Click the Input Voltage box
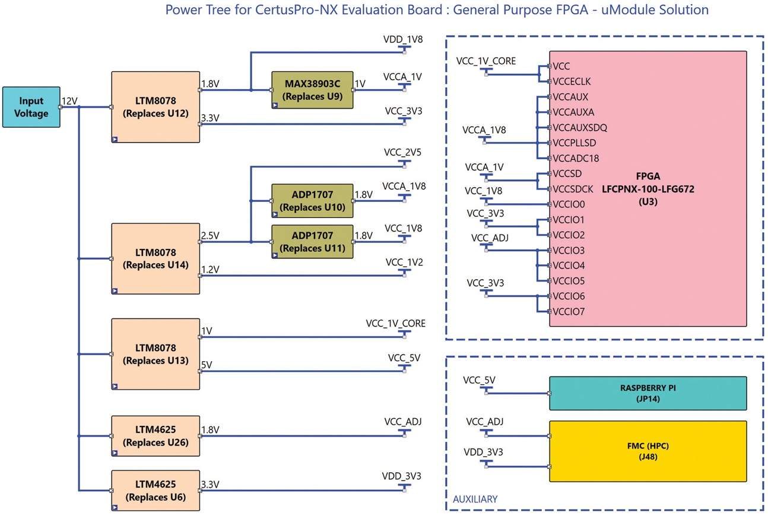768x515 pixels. pos(31,107)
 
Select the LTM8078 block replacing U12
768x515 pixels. pos(155,107)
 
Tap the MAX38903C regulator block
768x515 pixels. pos(312,90)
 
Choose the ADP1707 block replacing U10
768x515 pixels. pos(312,201)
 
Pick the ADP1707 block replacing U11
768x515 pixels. pos(312,242)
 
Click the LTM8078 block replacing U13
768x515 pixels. pos(155,353)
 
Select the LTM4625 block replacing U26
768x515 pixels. pos(155,435)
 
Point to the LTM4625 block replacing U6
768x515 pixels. pos(155,490)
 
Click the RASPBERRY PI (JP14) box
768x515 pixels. pos(648,393)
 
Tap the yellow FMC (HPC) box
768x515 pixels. pos(648,451)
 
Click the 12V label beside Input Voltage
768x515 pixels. pos(69,102)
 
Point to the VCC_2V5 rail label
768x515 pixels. pos(404,152)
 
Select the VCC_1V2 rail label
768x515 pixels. pos(404,262)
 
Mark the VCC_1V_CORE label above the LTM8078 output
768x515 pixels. pos(396,324)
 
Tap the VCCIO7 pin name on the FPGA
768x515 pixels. pos(569,311)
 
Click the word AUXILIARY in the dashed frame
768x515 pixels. pos(475,500)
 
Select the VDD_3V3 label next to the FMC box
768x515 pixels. pos(483,453)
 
